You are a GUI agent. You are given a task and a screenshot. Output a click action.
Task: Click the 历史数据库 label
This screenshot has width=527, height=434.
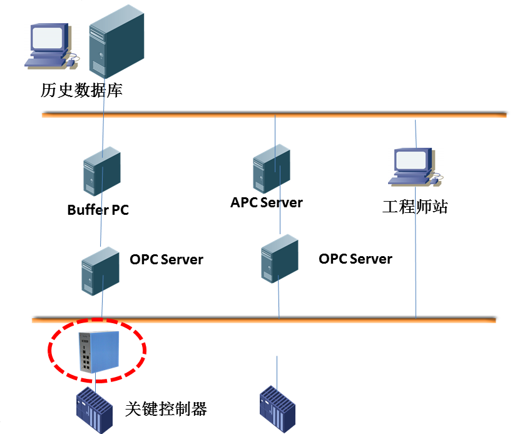(81, 91)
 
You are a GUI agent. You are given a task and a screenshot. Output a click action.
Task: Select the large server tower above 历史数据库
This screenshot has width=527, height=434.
(116, 41)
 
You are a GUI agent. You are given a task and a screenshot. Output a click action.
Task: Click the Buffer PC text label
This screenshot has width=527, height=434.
(98, 210)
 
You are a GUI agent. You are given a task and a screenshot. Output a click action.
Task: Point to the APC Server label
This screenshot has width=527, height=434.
(267, 203)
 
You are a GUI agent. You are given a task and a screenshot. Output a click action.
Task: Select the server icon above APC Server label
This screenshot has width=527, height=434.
(272, 168)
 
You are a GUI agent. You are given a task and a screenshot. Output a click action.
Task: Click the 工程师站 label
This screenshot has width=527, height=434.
(415, 207)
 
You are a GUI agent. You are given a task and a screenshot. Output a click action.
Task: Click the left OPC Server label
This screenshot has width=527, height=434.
(166, 259)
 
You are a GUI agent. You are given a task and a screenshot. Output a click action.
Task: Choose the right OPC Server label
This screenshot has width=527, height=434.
(356, 259)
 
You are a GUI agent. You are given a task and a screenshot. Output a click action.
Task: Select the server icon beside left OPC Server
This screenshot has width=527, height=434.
(100, 271)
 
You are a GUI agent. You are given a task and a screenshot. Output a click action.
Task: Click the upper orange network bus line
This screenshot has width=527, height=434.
(188, 115)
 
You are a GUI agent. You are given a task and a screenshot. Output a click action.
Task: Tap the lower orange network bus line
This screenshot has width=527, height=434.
(188, 320)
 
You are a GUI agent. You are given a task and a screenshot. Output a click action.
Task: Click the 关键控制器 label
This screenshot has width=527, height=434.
(166, 410)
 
